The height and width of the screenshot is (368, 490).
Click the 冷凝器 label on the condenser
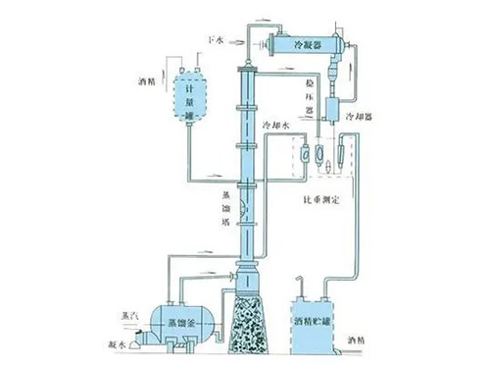pos(309,44)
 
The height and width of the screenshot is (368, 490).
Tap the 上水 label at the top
pos(217,39)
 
